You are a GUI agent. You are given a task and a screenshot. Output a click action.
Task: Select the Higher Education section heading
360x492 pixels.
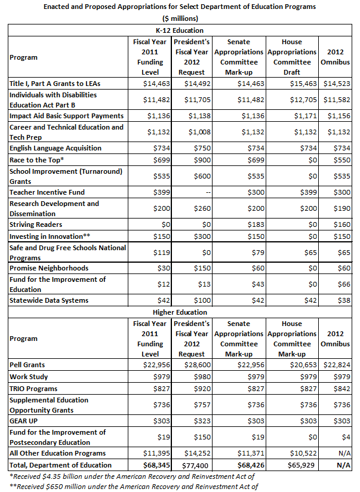pyautogui.click(x=180, y=312)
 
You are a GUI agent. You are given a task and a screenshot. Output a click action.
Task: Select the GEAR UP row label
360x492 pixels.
pyautogui.click(x=24, y=421)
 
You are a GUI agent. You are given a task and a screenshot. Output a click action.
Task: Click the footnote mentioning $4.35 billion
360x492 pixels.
pyautogui.click(x=132, y=476)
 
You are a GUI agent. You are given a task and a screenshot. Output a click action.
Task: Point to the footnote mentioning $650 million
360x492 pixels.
pyautogui.click(x=133, y=487)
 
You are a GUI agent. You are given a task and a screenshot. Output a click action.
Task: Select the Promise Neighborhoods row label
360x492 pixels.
pyautogui.click(x=49, y=268)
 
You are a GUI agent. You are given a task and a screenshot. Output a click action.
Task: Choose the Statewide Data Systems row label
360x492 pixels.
pyautogui.click(x=49, y=300)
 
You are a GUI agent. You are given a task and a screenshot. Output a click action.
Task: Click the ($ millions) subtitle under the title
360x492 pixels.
pyautogui.click(x=179, y=18)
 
